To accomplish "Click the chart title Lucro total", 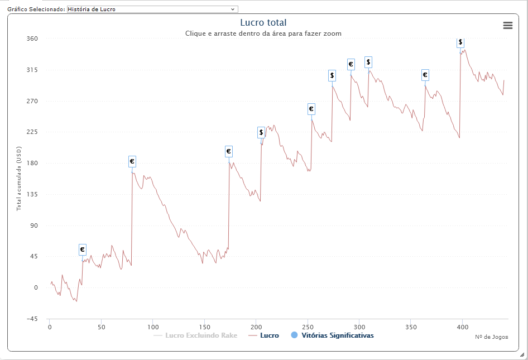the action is click(263, 22).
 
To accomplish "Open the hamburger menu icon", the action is click(508, 25).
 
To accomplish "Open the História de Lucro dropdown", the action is click(152, 9).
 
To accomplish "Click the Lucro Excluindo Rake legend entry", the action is click(195, 335).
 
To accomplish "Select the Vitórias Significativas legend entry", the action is click(332, 335).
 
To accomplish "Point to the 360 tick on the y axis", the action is click(32, 39).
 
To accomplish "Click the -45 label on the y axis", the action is click(32, 319).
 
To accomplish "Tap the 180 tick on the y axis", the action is click(32, 164).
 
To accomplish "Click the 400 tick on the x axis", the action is click(462, 327).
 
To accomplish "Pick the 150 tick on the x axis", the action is click(204, 327).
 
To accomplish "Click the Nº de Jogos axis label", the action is click(492, 337).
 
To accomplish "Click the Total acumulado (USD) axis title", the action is click(19, 179).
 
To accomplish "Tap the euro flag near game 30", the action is click(83, 249).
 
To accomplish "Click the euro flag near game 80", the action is click(132, 161).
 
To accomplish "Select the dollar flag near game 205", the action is click(261, 132).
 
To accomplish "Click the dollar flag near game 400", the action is click(460, 42).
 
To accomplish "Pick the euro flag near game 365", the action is click(425, 75).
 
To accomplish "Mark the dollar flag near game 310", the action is click(368, 62).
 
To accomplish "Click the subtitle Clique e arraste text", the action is click(263, 33).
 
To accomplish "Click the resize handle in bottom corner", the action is click(522, 354).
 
